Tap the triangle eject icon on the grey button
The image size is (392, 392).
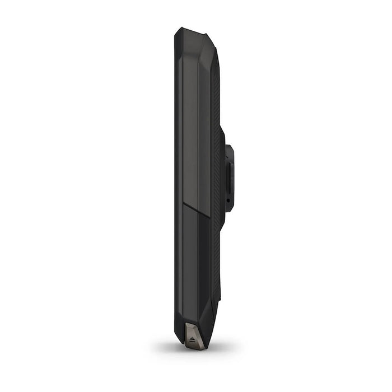tap(193, 339)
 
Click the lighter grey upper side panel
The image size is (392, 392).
tap(193, 123)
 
